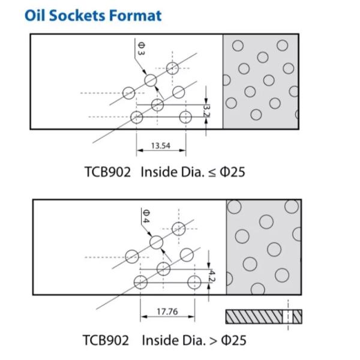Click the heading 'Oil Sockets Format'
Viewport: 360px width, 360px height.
tap(94, 15)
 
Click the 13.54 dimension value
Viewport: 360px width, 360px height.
tap(160, 145)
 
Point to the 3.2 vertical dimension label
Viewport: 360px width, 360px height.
tap(207, 110)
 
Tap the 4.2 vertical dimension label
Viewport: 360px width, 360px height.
tap(211, 276)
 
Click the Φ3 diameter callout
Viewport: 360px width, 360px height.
tap(140, 49)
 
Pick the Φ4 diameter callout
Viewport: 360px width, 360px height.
tap(146, 215)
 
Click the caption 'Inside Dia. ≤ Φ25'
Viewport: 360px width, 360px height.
tap(193, 172)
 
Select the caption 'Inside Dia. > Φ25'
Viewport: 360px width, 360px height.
tap(194, 340)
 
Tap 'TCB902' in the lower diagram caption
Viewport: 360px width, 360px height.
tap(106, 340)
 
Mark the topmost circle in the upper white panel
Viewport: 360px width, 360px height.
tap(172, 67)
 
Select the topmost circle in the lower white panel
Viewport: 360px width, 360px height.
tap(178, 229)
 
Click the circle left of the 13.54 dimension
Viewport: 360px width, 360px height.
tap(137, 117)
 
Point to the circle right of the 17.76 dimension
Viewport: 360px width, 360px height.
tap(194, 283)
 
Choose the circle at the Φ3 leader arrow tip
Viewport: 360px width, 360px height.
tap(150, 80)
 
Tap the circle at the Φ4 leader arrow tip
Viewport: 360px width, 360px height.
tap(156, 242)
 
